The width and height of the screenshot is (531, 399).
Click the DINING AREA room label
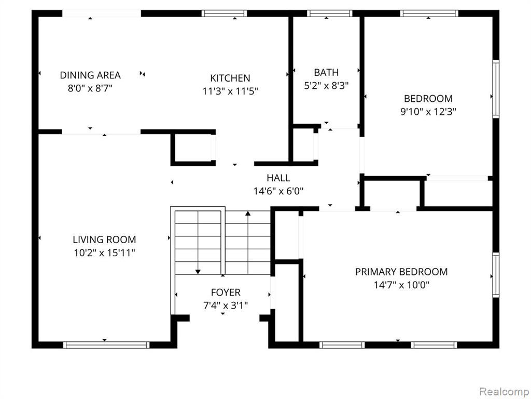[90, 75]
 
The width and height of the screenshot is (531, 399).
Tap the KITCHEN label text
[230, 78]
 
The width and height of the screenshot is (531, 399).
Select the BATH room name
[326, 72]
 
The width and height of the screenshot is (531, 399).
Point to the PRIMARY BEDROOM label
[401, 272]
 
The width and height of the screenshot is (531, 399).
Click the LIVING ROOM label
[104, 240]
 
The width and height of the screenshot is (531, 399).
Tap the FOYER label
[226, 292]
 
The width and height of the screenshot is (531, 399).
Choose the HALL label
[278, 178]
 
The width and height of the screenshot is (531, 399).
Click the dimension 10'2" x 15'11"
[105, 253]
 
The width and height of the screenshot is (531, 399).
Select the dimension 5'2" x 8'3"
[326, 86]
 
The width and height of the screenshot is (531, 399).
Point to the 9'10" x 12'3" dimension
[428, 112]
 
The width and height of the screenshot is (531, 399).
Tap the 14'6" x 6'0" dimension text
[278, 191]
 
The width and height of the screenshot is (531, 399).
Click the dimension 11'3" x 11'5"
[230, 91]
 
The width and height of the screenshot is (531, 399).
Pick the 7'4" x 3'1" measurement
[226, 305]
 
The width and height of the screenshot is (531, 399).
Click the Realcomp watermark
[504, 392]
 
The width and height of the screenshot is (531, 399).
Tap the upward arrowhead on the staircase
[248, 214]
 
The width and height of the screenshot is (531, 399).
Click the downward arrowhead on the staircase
[198, 271]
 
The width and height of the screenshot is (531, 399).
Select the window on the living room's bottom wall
[106, 345]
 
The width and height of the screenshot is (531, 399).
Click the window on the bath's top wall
[330, 14]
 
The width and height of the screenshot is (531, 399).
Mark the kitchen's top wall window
[224, 14]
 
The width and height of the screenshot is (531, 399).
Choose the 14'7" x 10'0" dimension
[401, 285]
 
